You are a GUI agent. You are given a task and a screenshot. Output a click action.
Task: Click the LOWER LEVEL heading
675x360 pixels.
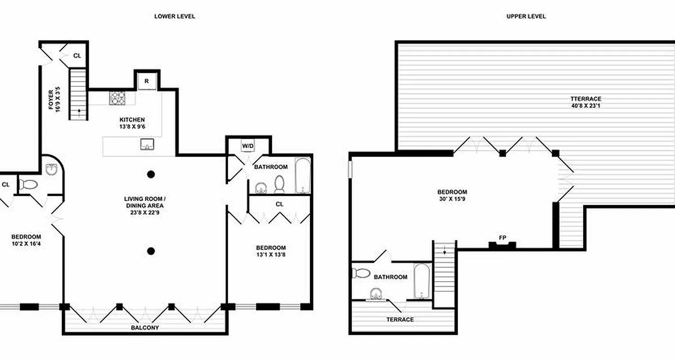point(175,16)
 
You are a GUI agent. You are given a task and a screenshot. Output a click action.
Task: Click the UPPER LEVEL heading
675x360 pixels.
point(526,16)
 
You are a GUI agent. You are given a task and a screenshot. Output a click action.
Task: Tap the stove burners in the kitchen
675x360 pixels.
point(118,98)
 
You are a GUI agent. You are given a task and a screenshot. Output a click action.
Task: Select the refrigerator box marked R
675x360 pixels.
point(147,81)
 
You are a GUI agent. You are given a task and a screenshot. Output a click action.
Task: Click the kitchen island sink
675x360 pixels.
point(147,144)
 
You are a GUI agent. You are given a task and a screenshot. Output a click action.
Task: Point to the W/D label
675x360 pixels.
point(248,146)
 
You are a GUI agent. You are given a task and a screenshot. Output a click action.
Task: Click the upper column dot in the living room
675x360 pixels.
point(151,174)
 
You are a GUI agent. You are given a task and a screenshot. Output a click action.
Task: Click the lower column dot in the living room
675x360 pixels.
point(151,251)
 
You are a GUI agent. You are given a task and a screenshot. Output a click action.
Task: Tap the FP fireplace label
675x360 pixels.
point(502,238)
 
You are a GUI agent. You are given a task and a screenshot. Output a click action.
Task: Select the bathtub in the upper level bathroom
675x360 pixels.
point(422,281)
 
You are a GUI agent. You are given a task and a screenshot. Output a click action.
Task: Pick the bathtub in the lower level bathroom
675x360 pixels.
point(302,175)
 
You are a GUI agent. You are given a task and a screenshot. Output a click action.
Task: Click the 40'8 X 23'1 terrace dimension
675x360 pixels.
point(585,106)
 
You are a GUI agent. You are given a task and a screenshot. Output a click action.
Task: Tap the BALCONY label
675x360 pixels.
point(144,328)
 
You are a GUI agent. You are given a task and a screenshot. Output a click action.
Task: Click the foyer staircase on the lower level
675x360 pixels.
point(78,94)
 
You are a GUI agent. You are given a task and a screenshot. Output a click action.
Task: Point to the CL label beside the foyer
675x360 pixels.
point(77,56)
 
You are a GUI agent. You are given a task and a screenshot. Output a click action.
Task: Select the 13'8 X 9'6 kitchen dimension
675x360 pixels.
point(132,127)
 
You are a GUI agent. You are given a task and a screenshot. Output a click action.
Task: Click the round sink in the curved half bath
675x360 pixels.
point(52,170)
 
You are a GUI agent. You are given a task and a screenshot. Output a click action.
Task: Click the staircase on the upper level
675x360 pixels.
point(445,274)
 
